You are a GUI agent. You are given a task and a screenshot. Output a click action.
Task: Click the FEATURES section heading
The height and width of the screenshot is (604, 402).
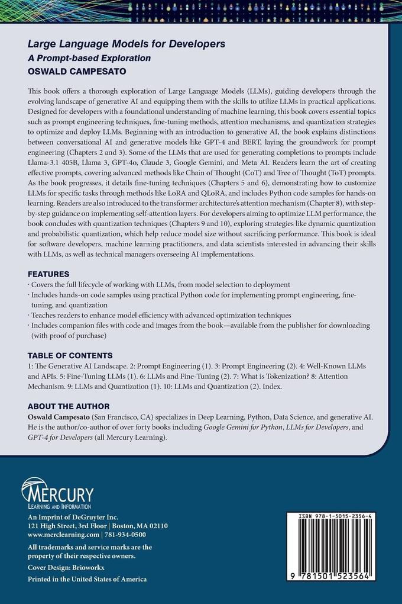click(51, 275)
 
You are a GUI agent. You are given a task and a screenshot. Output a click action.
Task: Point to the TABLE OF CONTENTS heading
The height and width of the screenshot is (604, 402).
click(70, 355)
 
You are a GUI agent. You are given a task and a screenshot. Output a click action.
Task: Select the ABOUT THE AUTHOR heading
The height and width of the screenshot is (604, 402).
click(69, 406)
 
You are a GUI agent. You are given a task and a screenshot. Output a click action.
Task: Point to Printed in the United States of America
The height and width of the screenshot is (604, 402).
click(87, 579)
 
